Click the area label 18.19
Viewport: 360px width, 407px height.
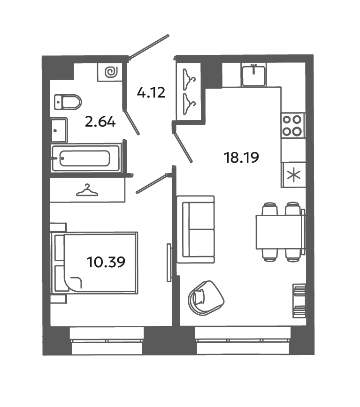pyautogui.click(x=242, y=158)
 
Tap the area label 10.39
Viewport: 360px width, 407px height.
pyautogui.click(x=106, y=262)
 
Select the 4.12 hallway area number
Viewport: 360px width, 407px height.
pyautogui.click(x=151, y=92)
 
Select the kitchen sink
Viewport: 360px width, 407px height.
pyautogui.click(x=254, y=75)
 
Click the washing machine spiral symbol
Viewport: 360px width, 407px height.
pyautogui.click(x=112, y=73)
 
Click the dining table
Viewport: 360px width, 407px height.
pyautogui.click(x=279, y=231)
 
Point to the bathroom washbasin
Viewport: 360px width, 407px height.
pyautogui.click(x=59, y=130)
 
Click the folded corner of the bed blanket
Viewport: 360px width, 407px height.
pyautogui.click(x=74, y=283)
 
